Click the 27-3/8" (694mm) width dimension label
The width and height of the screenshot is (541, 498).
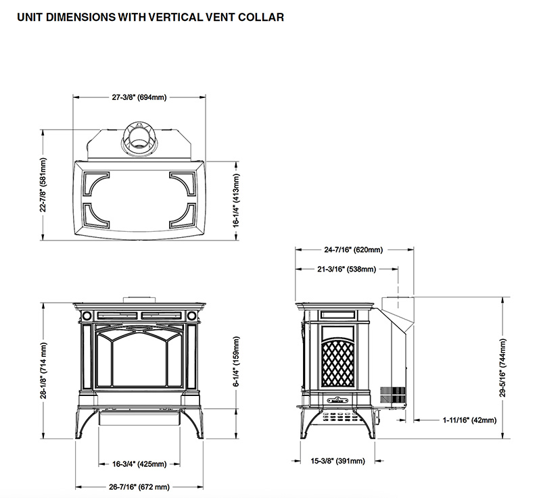[x=139, y=97]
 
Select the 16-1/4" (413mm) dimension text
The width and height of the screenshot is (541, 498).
[x=237, y=200]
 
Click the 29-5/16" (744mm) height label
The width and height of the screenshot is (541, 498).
[x=503, y=368]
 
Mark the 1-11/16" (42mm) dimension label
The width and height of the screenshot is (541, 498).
[x=469, y=420]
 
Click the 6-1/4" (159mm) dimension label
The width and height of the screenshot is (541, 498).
[x=237, y=370]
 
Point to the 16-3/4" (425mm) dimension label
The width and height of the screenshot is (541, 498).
[x=139, y=464]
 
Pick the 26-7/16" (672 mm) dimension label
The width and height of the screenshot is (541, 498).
[x=139, y=486]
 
